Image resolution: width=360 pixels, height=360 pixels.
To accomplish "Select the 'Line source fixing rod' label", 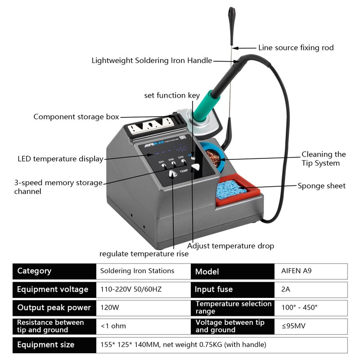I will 296,47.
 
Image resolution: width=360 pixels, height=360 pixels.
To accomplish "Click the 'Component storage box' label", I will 76,117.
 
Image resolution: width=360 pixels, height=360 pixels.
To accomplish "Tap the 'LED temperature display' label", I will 60,158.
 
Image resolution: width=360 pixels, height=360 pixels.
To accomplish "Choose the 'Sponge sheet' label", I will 321,185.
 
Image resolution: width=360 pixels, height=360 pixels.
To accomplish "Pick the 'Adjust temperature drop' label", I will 230,246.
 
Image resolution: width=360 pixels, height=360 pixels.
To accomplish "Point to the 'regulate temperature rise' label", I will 144,254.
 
